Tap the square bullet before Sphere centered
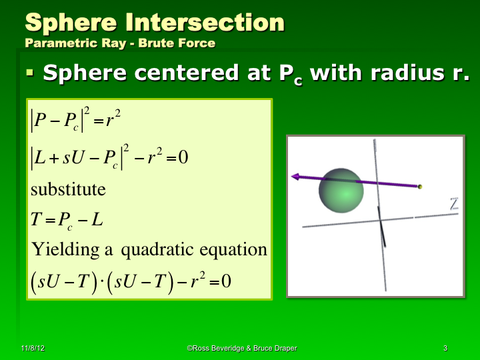pos(29,71)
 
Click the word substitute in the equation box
pos(68,189)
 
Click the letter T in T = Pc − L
pos(36,220)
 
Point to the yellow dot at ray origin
pos(420,187)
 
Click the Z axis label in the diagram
pos(454,204)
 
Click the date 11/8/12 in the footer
pos(33,349)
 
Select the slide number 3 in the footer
pos(445,349)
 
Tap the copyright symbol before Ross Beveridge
pos(189,349)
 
